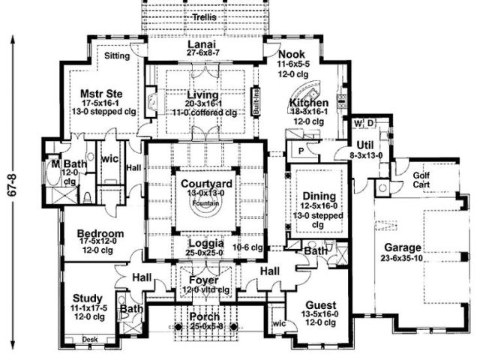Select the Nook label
coord(292,55)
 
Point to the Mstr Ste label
coord(96,94)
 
